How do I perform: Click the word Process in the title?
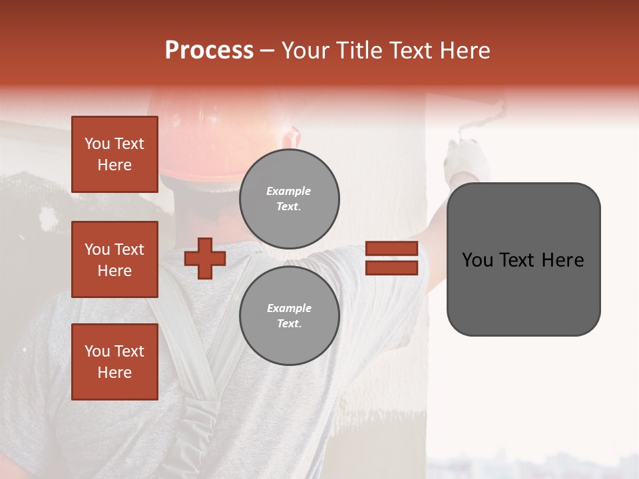point(209,51)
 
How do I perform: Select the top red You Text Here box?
point(114,154)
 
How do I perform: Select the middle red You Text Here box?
point(114,259)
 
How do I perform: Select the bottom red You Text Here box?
point(114,362)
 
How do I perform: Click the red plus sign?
point(204,258)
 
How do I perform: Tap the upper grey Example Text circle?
point(290,199)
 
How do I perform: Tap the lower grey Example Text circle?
point(290,315)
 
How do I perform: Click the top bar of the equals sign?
point(391,249)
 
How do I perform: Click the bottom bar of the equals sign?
point(391,267)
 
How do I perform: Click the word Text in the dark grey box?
point(523,260)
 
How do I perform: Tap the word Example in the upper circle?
point(288,191)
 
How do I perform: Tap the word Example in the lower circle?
point(289,308)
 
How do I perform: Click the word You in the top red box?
point(97,144)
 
